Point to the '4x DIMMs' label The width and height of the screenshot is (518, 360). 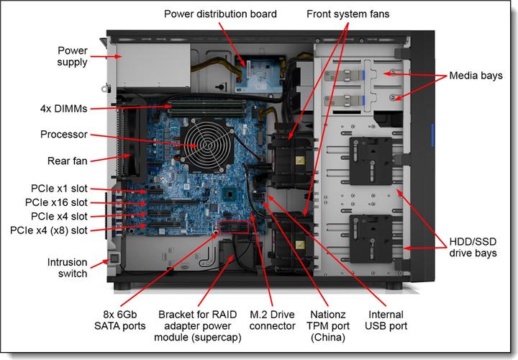63,109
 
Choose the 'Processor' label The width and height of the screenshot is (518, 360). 64,135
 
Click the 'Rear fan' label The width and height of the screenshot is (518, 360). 68,161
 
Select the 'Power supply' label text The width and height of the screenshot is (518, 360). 73,56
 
